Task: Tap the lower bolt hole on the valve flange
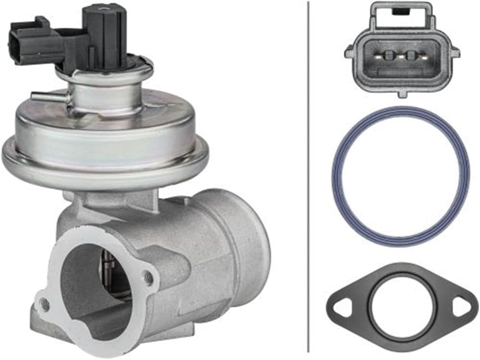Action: [44, 304]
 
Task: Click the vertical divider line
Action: [308, 178]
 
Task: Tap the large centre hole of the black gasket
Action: [400, 307]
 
